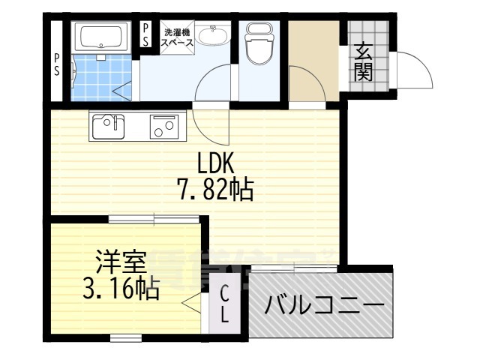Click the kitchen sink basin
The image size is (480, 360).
point(106,125)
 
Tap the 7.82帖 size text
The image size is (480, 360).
point(215,189)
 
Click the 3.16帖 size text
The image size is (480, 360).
point(119,289)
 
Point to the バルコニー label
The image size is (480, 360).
point(324,306)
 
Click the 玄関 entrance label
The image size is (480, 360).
point(364,61)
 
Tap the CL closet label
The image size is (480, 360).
point(225,304)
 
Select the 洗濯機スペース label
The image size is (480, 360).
point(179,37)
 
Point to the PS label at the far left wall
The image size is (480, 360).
point(57,63)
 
